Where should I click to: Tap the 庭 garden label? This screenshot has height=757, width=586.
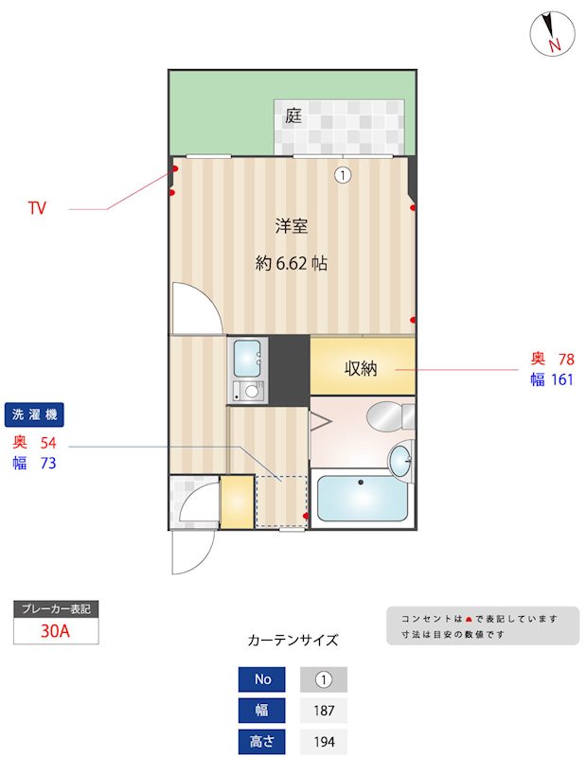click(x=293, y=116)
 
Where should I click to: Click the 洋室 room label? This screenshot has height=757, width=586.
click(x=291, y=226)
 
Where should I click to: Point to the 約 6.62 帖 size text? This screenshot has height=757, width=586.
click(x=291, y=264)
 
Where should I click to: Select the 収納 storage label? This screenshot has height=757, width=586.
click(x=361, y=368)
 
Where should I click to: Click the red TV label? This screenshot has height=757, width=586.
click(x=37, y=208)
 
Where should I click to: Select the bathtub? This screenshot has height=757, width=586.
click(x=363, y=498)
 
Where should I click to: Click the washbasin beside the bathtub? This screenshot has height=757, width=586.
click(x=400, y=461)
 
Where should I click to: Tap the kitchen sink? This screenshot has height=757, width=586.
click(x=248, y=356)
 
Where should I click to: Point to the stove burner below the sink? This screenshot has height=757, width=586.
click(x=250, y=389)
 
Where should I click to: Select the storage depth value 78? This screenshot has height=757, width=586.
click(x=565, y=359)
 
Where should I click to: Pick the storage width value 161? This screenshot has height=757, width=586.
click(x=562, y=379)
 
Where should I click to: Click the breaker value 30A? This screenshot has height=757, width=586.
click(x=56, y=632)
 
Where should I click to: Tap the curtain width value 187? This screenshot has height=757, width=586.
click(x=323, y=711)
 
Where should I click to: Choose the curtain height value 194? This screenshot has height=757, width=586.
click(x=323, y=742)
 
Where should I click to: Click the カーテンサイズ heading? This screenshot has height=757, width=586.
click(x=293, y=640)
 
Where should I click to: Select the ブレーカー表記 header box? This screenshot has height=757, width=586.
click(x=56, y=609)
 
